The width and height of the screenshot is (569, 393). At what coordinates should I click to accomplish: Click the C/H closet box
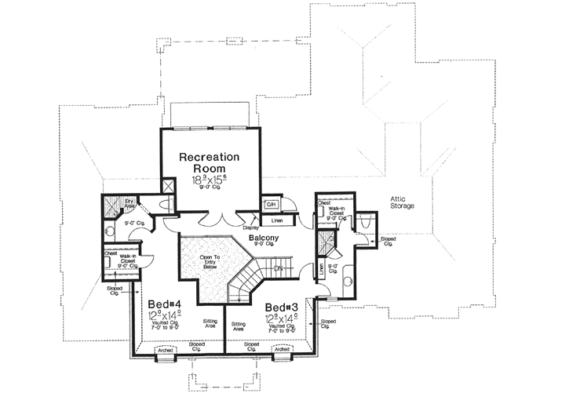pyautogui.click(x=271, y=205)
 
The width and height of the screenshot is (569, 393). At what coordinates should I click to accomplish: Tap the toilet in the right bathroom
pyautogui.click(x=366, y=223)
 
